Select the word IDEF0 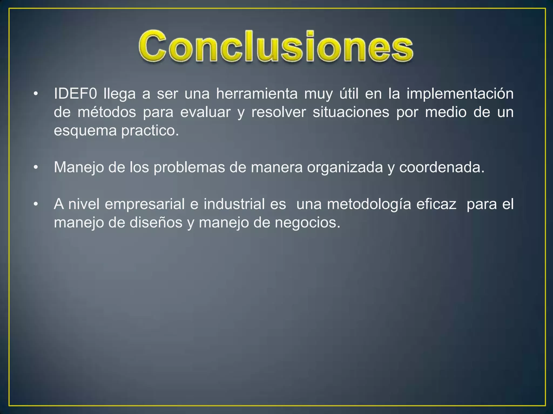[75, 94]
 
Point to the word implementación [460, 94]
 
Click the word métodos [107, 112]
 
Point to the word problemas [189, 168]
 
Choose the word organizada [345, 168]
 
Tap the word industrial [234, 204]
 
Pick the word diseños [156, 223]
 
